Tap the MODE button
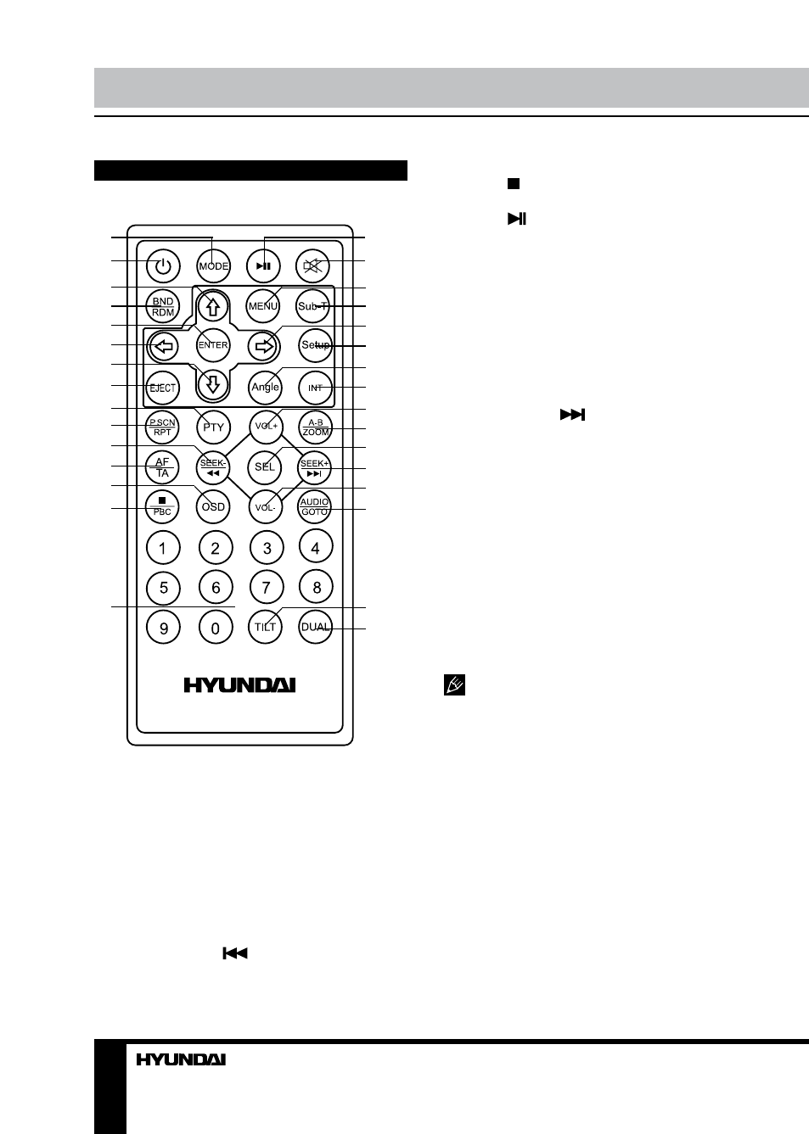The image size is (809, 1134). pos(213,265)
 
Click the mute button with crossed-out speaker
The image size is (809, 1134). pos(312,265)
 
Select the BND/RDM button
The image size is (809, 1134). pos(163,306)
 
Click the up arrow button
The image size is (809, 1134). pos(213,306)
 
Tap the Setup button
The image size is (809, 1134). pos(315,345)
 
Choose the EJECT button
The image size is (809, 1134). pos(163,388)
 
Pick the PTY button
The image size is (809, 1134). pos(213,427)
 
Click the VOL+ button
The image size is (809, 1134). pos(267,426)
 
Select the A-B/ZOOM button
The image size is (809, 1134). pos(315,427)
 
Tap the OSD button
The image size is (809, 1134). pos(213,506)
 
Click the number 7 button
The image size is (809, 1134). pos(267,587)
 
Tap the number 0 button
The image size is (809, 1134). pos(216,628)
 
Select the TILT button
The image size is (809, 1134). pos(265,627)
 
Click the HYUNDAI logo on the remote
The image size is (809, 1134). pos(239,685)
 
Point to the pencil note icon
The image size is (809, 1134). pos(454,685)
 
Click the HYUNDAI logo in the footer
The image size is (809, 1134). pos(181,1059)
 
